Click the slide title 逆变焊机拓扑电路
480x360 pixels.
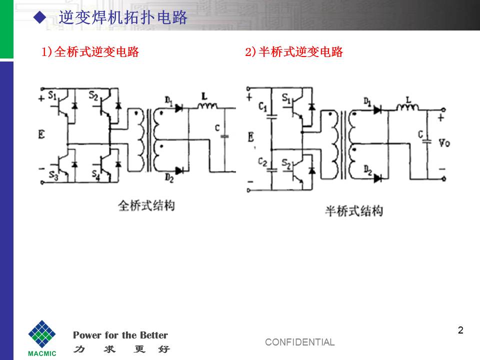coord(123,18)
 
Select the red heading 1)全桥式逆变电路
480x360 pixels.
coord(90,51)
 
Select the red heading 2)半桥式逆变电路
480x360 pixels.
coord(294,51)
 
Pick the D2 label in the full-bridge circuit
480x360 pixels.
coord(168,177)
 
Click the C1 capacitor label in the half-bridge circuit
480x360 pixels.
coord(263,106)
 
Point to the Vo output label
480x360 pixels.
coord(443,143)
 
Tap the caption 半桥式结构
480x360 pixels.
coord(353,211)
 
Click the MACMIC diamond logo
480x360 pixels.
coord(42,334)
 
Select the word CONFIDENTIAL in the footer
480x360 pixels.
coord(299,342)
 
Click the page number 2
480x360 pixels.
coord(460,330)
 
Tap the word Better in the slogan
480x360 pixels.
coord(153,335)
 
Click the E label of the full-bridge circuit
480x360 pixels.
coord(41,134)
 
